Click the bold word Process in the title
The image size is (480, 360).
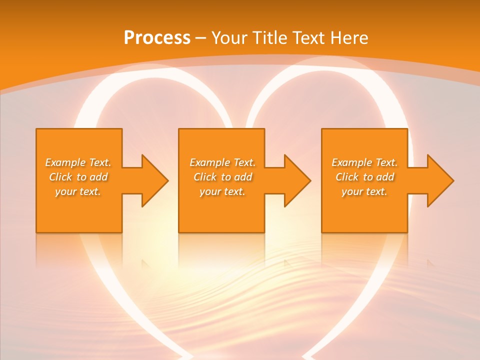157,38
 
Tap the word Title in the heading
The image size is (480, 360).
269,38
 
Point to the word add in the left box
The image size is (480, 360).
99,177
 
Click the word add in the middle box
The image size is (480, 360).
243,177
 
